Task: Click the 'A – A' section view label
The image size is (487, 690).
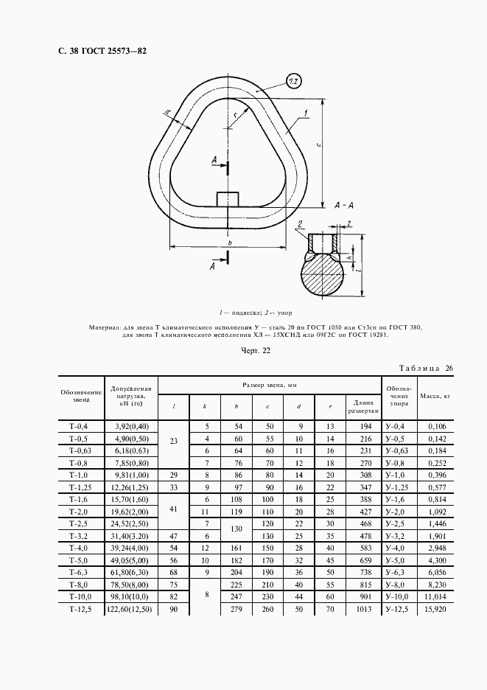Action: coord(347,206)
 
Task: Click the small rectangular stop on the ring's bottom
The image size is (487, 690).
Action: coord(228,200)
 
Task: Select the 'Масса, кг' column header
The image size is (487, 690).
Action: coord(435,396)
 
